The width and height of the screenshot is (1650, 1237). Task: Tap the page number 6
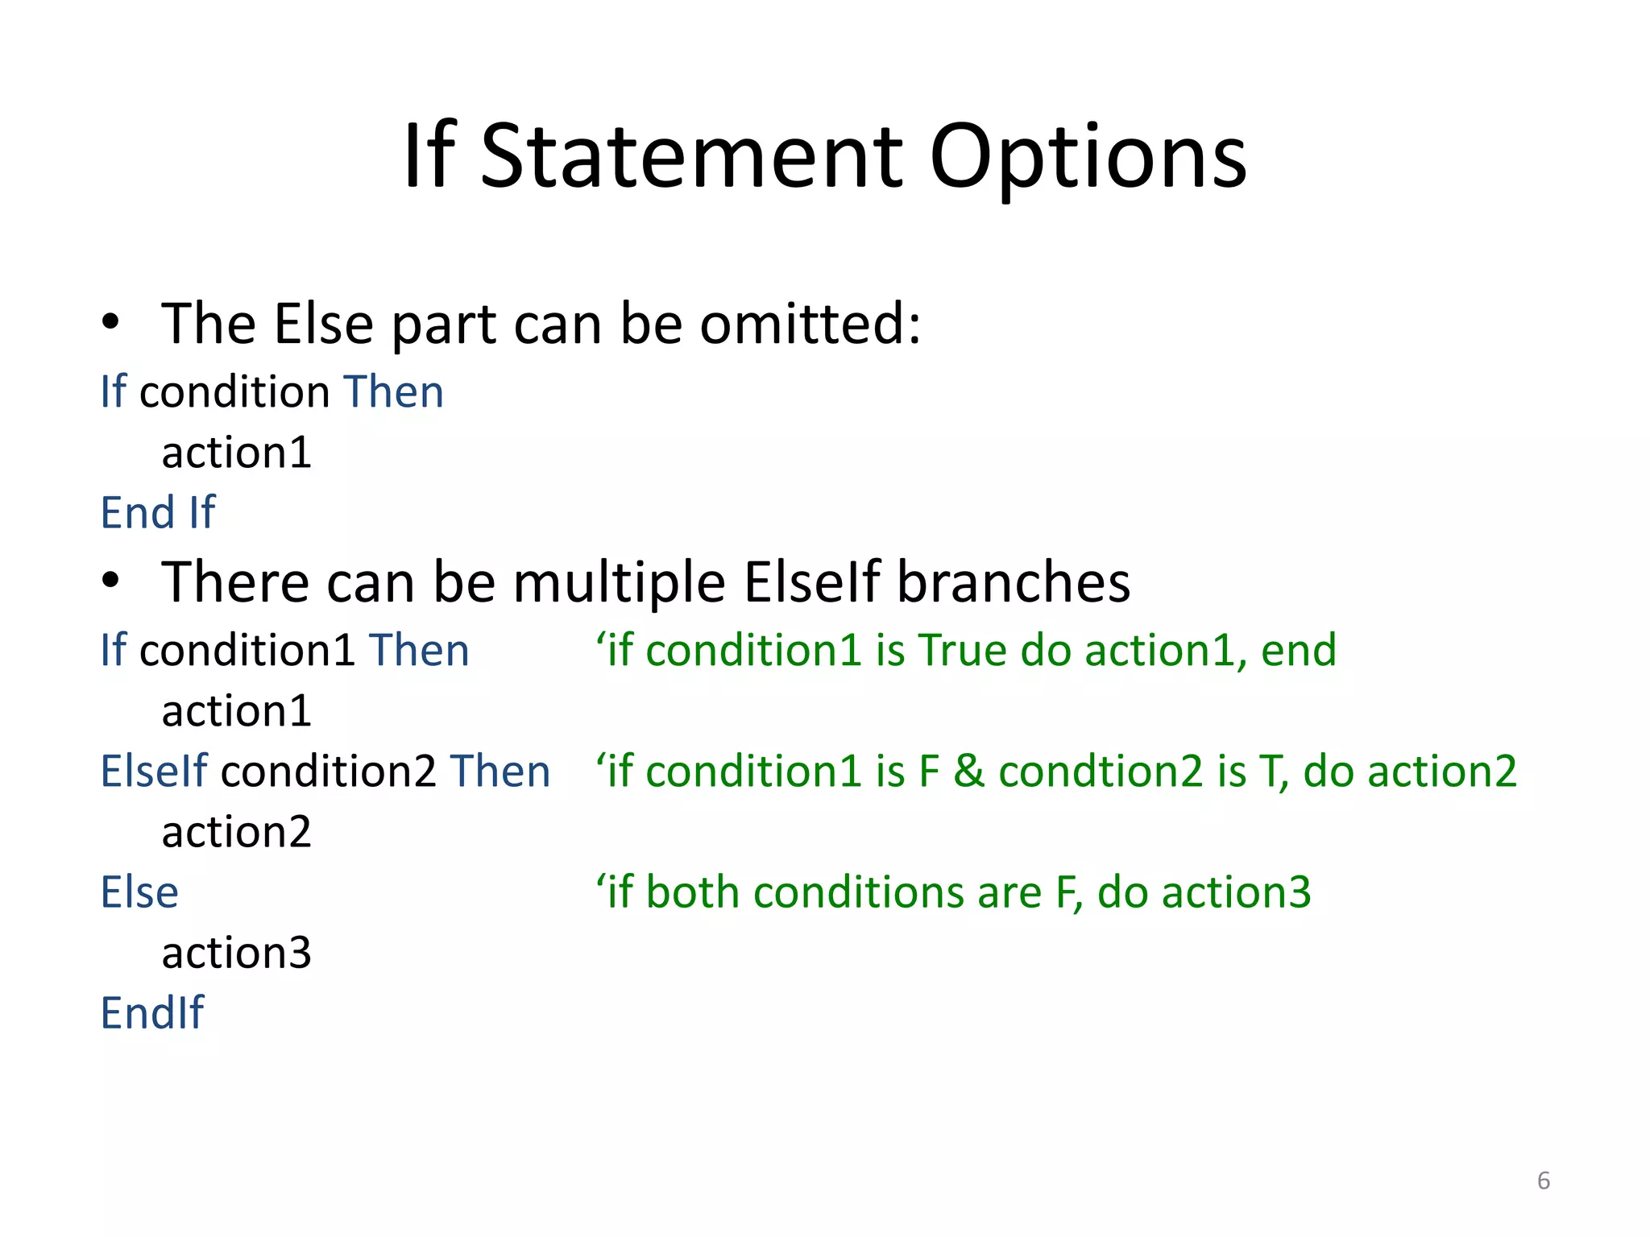(x=1543, y=1181)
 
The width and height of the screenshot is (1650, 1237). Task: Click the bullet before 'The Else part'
(x=110, y=323)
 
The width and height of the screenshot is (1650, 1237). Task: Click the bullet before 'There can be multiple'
(x=110, y=581)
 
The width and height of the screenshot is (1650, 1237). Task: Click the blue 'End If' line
(x=158, y=512)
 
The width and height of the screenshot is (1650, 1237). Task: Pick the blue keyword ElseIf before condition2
(x=154, y=771)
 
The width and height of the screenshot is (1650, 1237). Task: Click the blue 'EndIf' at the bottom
(x=152, y=1012)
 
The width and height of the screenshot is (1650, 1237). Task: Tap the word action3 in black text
(x=236, y=953)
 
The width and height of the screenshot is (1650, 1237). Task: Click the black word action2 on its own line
(x=236, y=832)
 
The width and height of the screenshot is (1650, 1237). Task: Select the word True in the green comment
(x=962, y=650)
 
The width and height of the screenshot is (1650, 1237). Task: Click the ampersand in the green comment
(x=969, y=771)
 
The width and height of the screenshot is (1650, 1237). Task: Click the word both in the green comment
(x=692, y=892)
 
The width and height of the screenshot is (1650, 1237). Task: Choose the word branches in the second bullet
(x=1014, y=581)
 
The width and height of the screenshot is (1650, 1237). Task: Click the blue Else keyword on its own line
(x=139, y=892)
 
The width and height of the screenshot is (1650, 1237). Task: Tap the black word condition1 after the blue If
(x=247, y=650)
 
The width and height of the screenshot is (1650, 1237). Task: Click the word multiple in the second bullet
(x=619, y=581)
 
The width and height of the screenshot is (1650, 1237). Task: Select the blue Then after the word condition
(x=393, y=392)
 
